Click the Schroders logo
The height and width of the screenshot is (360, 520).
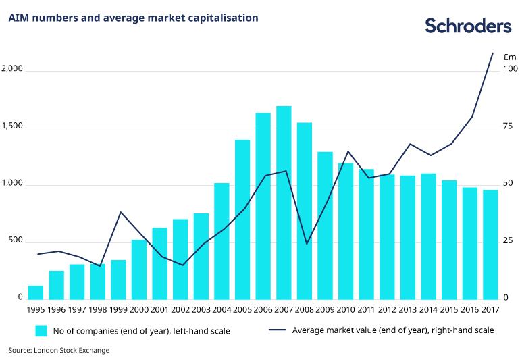pos(468,26)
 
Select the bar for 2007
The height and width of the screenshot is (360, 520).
pos(284,203)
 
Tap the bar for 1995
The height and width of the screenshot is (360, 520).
pos(36,292)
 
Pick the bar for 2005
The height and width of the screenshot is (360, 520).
pos(242,220)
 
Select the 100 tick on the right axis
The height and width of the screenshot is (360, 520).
pos(511,69)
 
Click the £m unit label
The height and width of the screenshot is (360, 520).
pos(510,57)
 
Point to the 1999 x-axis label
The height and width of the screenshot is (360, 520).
pos(118,310)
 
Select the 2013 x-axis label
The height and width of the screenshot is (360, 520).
pos(407,310)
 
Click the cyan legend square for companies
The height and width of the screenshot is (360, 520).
pos(41,330)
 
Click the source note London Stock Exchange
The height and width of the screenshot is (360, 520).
pos(59,351)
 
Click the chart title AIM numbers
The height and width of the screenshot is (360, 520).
pos(133,18)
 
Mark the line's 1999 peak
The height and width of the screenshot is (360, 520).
pos(120,212)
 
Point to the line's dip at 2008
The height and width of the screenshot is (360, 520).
pos(307,244)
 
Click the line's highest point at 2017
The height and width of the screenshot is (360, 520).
pos(492,53)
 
